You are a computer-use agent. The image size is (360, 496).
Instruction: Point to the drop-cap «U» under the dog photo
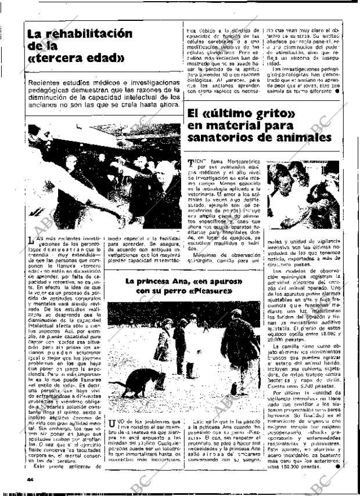pyautogui.click(x=113, y=427)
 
